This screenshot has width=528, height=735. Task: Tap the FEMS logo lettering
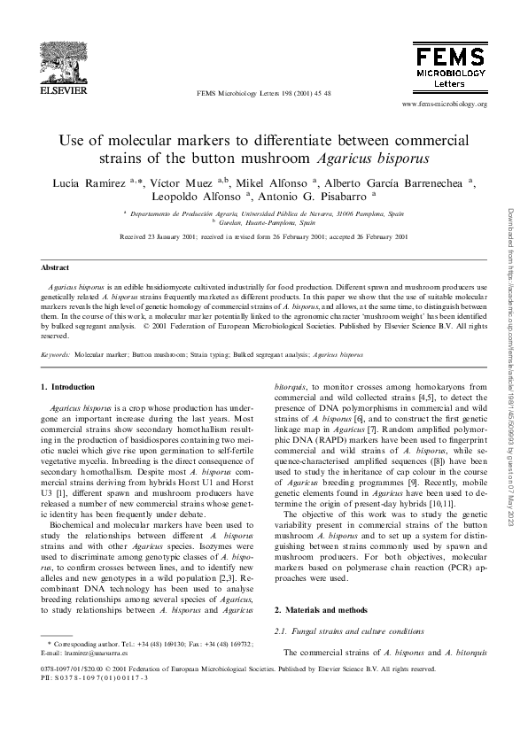449,53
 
